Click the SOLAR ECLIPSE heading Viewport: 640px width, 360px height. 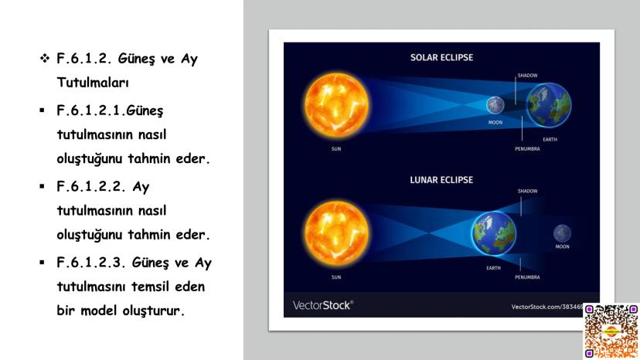[x=441, y=57]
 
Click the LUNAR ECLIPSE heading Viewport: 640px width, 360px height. [x=441, y=180]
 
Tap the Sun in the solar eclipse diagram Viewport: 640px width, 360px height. [x=336, y=105]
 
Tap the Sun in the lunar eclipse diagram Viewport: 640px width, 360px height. [x=336, y=233]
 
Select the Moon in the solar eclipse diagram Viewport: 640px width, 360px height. [x=495, y=105]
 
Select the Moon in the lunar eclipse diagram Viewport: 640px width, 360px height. [x=562, y=233]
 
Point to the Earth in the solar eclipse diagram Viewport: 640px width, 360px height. [x=549, y=105]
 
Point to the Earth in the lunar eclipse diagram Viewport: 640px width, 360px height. [x=493, y=233]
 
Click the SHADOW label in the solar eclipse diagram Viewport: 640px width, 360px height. [x=527, y=76]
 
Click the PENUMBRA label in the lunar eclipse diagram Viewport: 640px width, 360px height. [x=527, y=277]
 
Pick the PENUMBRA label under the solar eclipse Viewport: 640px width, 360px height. [x=527, y=149]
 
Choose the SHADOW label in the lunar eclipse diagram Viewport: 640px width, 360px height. [x=527, y=191]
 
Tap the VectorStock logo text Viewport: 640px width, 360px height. [x=323, y=305]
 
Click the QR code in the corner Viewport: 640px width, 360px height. [x=611, y=331]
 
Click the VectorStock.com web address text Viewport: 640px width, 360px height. [x=547, y=307]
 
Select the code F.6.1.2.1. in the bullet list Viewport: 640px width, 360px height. [x=91, y=110]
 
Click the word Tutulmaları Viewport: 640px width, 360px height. [x=93, y=83]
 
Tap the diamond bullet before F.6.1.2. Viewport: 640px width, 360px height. [x=45, y=59]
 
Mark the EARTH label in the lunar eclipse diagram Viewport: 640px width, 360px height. [x=493, y=268]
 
